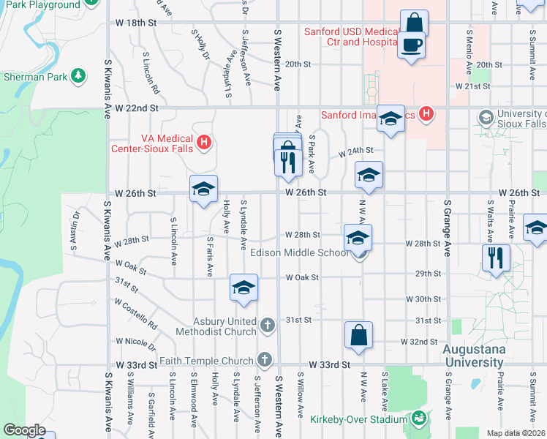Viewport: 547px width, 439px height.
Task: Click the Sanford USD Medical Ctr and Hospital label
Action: [x=352, y=37]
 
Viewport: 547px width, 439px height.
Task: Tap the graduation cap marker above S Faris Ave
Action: [x=203, y=190]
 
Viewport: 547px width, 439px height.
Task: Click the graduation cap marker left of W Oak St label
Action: [x=244, y=288]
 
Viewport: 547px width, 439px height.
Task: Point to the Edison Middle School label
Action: [x=299, y=253]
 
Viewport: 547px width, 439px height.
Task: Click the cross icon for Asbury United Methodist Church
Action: [x=268, y=323]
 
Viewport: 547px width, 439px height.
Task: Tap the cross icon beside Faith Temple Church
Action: [x=264, y=359]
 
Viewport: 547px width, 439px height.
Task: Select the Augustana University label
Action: [x=474, y=356]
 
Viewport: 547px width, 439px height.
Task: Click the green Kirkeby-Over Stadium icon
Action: [x=418, y=419]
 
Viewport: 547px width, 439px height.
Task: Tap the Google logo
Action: [x=24, y=429]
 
